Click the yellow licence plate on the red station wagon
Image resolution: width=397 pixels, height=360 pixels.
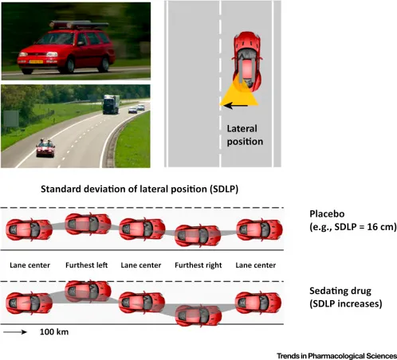(36, 62)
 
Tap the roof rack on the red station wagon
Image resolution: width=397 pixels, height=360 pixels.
(79, 25)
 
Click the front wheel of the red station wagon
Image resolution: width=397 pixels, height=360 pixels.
(69, 65)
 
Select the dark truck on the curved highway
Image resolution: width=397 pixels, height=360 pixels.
(111, 104)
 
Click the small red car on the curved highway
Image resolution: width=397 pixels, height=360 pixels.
(45, 148)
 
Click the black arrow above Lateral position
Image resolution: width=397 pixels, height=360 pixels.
(236, 106)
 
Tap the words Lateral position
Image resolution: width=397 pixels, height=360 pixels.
(245, 135)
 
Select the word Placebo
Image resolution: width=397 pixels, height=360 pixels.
(327, 213)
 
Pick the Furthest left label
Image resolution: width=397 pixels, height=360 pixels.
(87, 265)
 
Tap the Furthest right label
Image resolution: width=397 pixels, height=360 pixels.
(198, 265)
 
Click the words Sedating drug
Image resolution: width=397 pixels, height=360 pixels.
(340, 291)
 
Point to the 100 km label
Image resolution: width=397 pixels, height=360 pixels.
(54, 332)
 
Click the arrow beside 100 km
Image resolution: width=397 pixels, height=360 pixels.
(15, 332)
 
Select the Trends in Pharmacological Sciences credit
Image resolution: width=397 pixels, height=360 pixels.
(336, 356)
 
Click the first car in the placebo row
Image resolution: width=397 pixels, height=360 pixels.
(29, 229)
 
